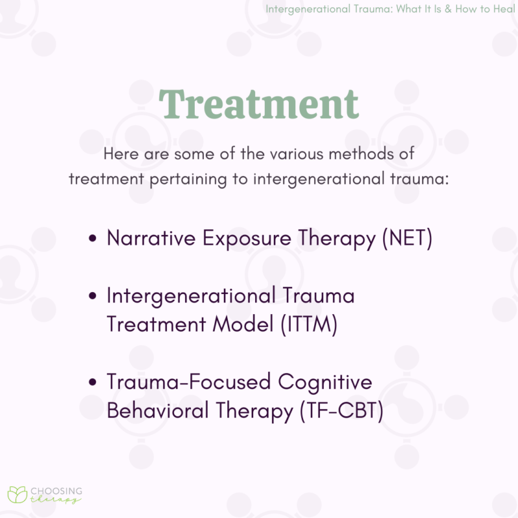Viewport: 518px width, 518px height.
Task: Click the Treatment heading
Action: coord(259,104)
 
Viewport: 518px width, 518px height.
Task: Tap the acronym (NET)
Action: coord(407,238)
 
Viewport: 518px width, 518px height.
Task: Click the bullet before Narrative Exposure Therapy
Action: coord(93,239)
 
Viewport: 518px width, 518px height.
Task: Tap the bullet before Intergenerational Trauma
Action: coord(93,297)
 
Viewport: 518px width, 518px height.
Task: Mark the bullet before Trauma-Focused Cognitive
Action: coord(93,383)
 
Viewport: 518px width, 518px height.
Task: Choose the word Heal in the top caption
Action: coord(503,9)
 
